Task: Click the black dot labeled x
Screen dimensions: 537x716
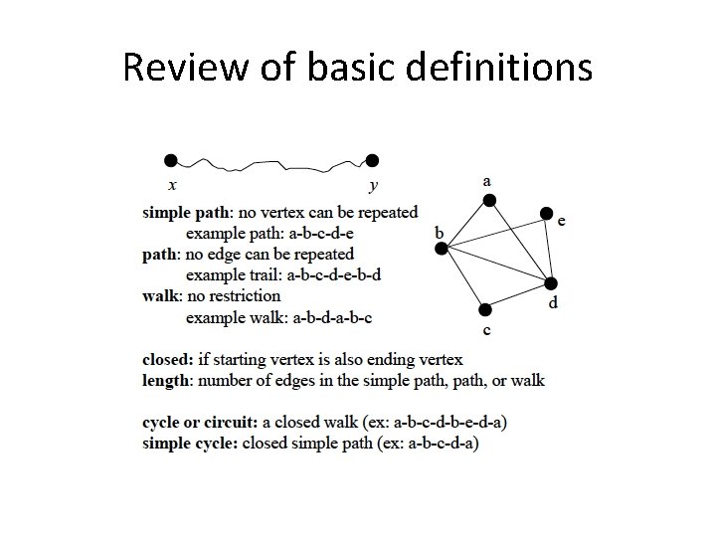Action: pyautogui.click(x=171, y=160)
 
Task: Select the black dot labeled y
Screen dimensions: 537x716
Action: pyautogui.click(x=372, y=160)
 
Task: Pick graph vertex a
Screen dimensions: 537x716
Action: pyautogui.click(x=488, y=201)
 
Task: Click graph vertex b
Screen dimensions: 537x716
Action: pyautogui.click(x=442, y=249)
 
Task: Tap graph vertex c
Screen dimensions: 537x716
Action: pyautogui.click(x=484, y=310)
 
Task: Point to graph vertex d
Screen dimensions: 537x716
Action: pyautogui.click(x=552, y=283)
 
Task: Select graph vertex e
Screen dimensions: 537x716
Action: pyautogui.click(x=546, y=213)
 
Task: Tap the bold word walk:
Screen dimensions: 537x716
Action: pyautogui.click(x=162, y=295)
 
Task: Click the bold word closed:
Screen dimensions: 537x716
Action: pyautogui.click(x=169, y=359)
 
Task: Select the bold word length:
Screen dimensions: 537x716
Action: pyautogui.click(x=168, y=380)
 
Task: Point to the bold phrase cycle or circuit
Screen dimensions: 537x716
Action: pyautogui.click(x=198, y=423)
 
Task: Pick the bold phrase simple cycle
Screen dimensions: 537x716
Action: pyautogui.click(x=190, y=444)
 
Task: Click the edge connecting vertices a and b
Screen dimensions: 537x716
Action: pyautogui.click(x=464, y=225)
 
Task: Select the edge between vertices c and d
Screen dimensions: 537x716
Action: pyautogui.click(x=518, y=296)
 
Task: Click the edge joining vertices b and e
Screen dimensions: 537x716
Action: pyautogui.click(x=494, y=231)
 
